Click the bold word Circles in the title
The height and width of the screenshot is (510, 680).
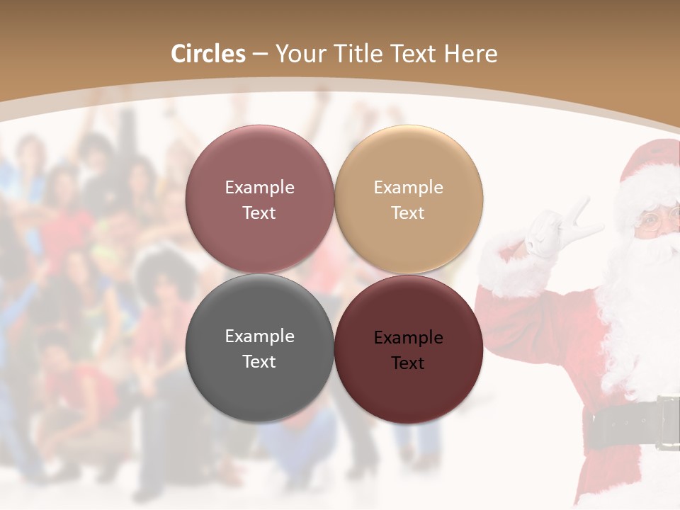(208, 54)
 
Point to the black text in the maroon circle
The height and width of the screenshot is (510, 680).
(408, 350)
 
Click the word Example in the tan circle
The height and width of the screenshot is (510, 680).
(408, 188)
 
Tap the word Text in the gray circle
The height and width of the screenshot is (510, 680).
(259, 361)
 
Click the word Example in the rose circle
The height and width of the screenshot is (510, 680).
(259, 188)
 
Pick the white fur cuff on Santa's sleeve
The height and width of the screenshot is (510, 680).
(506, 269)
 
